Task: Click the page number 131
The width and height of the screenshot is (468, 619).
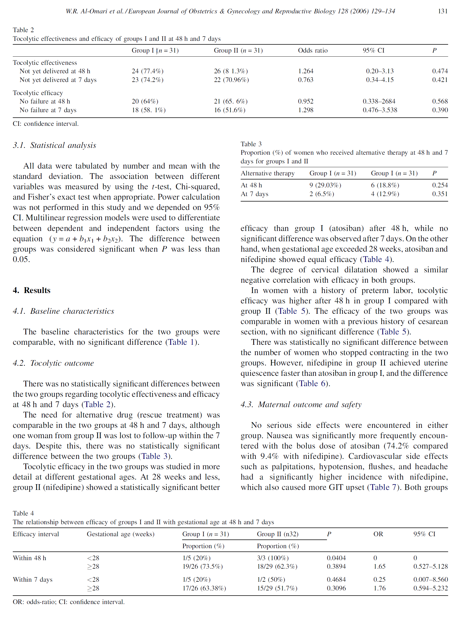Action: (442, 11)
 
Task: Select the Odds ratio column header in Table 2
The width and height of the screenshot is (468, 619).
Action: (313, 50)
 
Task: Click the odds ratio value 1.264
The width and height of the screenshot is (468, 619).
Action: (305, 71)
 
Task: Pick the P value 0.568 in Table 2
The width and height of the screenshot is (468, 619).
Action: (440, 101)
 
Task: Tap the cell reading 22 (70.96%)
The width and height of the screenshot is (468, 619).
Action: (231, 80)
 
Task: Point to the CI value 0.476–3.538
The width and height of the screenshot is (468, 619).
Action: (380, 110)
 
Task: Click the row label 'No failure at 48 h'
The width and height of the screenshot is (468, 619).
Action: (45, 101)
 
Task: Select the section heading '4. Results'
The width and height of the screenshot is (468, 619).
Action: (32, 290)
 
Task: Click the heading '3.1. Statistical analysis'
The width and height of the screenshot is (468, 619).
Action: (54, 145)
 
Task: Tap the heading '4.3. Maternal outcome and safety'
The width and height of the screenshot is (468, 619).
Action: (301, 404)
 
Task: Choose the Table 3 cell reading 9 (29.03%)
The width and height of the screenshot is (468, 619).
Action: (325, 185)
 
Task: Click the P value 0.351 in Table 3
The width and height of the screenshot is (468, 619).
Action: (440, 194)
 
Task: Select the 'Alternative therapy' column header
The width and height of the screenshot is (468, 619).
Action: (267, 173)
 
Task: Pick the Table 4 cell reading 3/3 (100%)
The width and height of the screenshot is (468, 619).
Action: (273, 558)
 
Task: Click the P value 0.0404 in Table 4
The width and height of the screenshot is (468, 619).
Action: (336, 558)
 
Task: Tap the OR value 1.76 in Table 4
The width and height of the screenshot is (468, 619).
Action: (379, 588)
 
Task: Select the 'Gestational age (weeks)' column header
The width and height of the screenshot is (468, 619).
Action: (121, 534)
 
